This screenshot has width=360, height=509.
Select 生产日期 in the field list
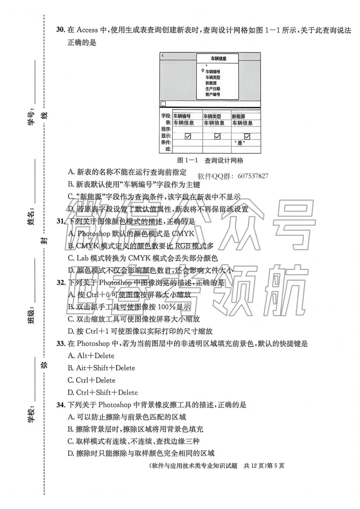[213, 89]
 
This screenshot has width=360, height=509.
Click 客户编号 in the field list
[213, 95]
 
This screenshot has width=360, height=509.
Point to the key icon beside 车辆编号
[202, 71]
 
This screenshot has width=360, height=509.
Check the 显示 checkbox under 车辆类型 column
[217, 136]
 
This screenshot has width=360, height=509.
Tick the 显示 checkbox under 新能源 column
[247, 136]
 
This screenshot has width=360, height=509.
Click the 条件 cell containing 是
[240, 143]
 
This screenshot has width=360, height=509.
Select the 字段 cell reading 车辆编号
[182, 116]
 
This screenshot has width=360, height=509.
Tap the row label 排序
[166, 129]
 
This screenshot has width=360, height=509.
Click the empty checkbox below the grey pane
[163, 104]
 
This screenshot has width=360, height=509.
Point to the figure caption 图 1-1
[187, 161]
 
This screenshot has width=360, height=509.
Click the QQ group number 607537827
[253, 176]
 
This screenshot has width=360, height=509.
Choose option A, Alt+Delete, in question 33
[91, 356]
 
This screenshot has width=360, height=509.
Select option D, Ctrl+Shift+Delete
[103, 392]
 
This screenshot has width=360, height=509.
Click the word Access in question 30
[87, 30]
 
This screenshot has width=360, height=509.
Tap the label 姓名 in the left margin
[31, 218]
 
